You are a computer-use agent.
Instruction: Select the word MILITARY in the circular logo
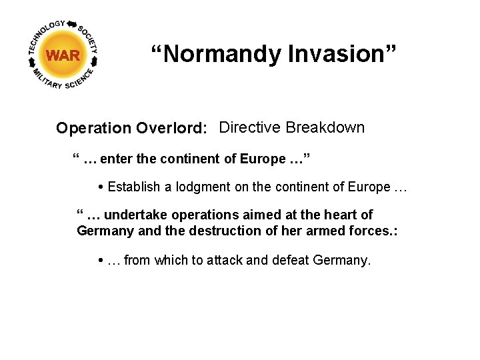pos(46,79)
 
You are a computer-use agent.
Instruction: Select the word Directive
pos(250,127)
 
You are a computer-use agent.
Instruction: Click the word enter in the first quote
pos(120,159)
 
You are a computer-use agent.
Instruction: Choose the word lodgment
pos(201,187)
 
